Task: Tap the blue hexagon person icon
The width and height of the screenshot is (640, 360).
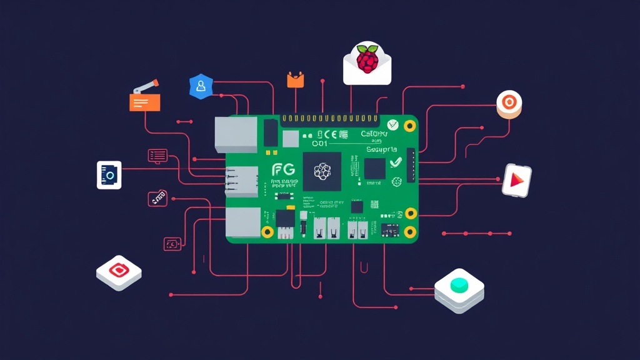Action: (201, 87)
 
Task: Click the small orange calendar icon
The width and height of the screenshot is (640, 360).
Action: (295, 79)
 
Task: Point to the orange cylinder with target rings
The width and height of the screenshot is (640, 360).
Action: (509, 104)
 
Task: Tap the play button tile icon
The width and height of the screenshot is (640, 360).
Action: (516, 181)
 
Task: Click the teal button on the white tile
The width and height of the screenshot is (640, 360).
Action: (460, 285)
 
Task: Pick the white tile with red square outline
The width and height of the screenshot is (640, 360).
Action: (119, 271)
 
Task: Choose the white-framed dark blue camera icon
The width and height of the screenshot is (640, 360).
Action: (109, 175)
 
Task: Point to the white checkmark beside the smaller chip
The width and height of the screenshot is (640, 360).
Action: (395, 162)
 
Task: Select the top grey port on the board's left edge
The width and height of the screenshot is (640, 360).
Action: (236, 134)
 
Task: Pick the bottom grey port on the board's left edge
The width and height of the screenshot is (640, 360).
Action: (242, 222)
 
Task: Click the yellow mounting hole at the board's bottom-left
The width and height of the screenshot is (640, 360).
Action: (267, 232)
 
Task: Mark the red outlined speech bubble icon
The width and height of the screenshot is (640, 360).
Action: (157, 154)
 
